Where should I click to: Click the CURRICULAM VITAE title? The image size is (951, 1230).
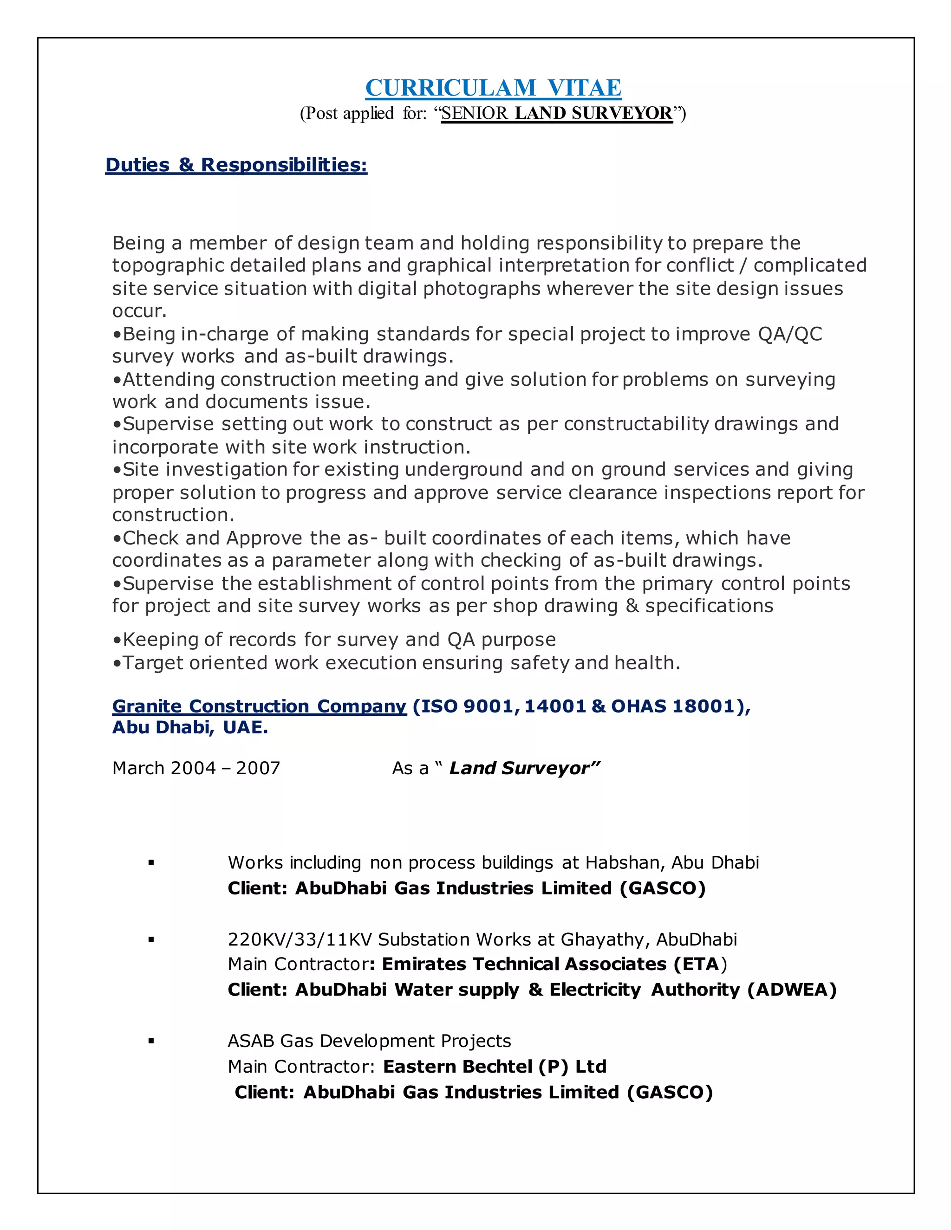[493, 88]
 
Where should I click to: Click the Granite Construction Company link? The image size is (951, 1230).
[259, 706]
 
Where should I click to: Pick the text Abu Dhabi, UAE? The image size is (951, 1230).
[190, 728]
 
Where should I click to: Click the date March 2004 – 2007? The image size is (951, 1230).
[196, 768]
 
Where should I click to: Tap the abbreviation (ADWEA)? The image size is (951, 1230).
[792, 990]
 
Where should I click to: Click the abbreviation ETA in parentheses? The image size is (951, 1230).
[700, 964]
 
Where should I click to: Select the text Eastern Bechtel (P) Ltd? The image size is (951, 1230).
[495, 1067]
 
